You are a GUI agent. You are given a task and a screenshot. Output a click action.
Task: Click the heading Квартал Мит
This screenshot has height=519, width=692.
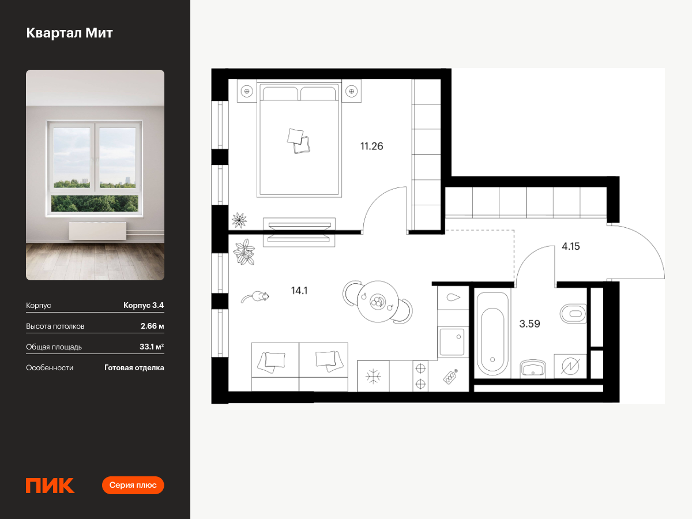tap(69, 33)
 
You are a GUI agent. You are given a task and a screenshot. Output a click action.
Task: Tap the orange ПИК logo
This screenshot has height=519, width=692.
tap(50, 486)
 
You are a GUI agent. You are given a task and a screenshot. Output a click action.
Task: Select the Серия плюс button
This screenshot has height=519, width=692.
tap(133, 485)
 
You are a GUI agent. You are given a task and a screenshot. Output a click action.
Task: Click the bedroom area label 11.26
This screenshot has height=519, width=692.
tap(372, 146)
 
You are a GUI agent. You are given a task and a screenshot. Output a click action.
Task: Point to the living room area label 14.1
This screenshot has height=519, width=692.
tap(299, 291)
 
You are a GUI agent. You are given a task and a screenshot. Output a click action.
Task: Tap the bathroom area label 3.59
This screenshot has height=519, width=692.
tap(529, 324)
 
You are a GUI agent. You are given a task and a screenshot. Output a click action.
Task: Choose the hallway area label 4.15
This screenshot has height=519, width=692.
tap(571, 246)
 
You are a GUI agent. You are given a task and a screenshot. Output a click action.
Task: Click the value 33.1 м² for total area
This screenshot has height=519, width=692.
tap(152, 347)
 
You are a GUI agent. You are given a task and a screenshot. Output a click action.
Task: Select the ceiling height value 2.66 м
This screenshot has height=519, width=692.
tap(152, 326)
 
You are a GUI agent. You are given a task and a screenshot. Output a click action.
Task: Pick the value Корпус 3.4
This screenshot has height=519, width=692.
tap(144, 305)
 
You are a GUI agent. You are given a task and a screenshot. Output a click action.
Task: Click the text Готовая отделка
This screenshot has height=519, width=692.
tap(134, 367)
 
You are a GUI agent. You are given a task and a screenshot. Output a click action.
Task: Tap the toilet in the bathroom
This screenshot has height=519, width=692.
tap(573, 314)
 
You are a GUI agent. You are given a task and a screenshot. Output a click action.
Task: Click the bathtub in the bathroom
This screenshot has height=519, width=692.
tap(492, 333)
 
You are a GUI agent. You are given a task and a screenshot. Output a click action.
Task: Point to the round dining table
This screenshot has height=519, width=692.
tap(378, 302)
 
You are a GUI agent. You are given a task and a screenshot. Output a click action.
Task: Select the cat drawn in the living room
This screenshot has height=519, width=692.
tap(255, 297)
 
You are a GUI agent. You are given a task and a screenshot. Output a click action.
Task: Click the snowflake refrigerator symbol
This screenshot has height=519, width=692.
tap(373, 376)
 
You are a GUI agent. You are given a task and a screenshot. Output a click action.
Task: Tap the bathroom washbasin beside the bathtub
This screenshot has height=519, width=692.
tap(533, 368)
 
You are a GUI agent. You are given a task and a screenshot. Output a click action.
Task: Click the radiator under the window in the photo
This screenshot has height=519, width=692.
tap(97, 231)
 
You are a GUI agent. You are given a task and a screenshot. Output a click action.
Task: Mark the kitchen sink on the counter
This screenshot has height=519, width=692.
tap(452, 342)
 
